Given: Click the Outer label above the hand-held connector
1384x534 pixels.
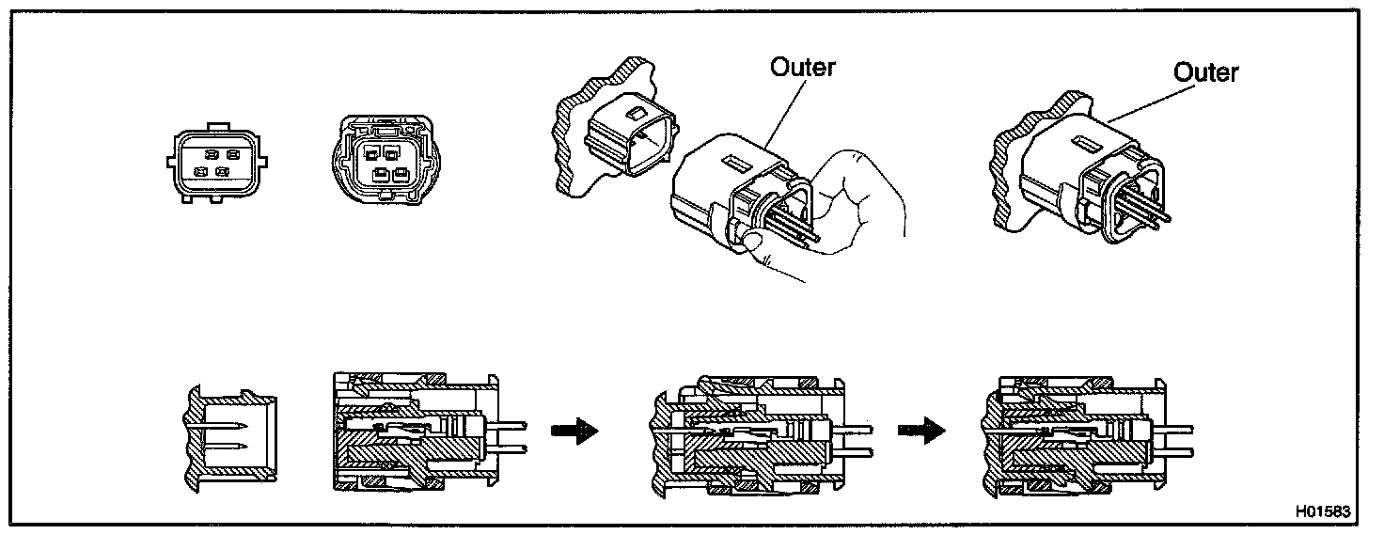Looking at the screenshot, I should [x=802, y=68].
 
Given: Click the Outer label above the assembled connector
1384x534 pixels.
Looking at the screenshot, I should [x=1206, y=72].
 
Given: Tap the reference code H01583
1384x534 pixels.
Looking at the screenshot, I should [x=1322, y=512].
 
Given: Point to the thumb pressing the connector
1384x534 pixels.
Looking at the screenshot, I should [x=753, y=245].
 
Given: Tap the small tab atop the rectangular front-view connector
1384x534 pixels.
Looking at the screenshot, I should [x=217, y=124].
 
